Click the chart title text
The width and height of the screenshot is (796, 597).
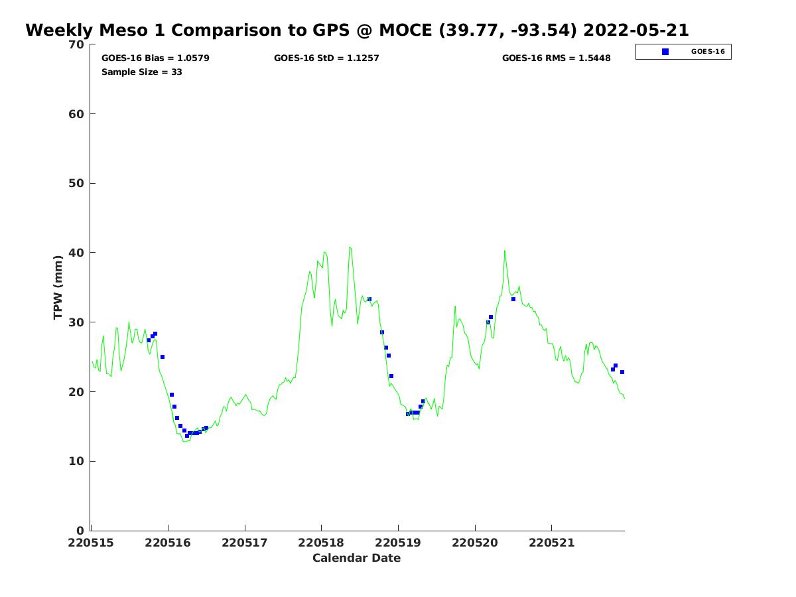click(357, 31)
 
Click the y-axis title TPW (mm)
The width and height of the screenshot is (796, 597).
click(58, 287)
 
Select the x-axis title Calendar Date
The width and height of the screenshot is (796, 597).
click(356, 559)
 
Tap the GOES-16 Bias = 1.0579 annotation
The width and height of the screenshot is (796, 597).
click(155, 58)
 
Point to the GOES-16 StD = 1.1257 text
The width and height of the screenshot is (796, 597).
click(326, 58)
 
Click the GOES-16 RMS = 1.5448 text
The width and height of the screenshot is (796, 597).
click(556, 58)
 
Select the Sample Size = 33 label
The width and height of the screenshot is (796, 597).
click(141, 72)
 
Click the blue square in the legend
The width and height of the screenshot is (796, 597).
click(665, 52)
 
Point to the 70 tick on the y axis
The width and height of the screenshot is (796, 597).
click(77, 44)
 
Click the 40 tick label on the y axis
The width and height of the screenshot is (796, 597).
click(77, 253)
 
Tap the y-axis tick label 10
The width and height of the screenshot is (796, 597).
click(77, 461)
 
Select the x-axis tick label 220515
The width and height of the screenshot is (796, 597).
click(91, 543)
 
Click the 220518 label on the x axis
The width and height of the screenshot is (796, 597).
click(321, 543)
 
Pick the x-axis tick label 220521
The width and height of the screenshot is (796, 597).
click(551, 543)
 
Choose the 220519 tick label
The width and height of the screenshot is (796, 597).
click(398, 543)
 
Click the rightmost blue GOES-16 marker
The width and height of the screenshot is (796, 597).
click(622, 372)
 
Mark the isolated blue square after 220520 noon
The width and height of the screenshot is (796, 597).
click(513, 299)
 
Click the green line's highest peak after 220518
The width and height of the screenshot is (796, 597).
click(350, 247)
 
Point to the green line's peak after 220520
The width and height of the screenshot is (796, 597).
click(504, 251)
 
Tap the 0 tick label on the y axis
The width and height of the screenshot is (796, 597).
click(80, 531)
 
